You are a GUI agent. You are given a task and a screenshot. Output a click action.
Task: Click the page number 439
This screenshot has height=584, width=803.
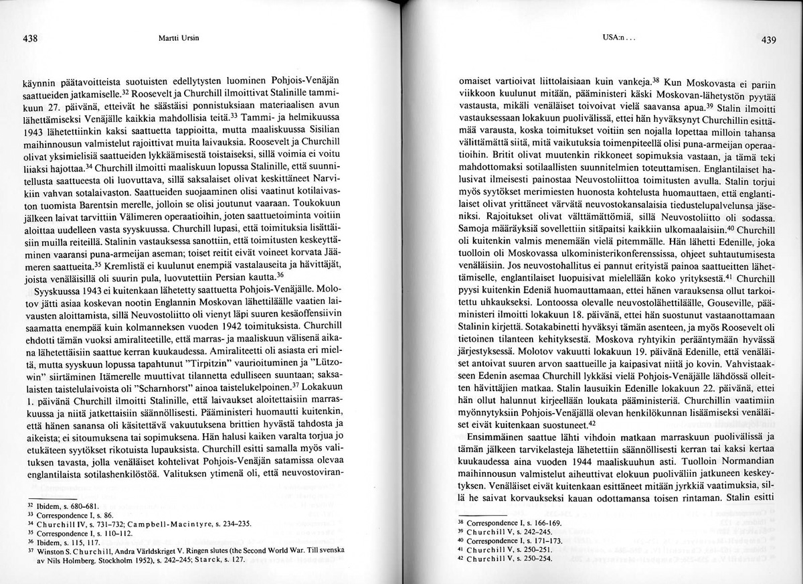click(x=768, y=40)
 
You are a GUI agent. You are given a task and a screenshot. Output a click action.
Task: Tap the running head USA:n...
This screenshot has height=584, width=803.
click(x=613, y=38)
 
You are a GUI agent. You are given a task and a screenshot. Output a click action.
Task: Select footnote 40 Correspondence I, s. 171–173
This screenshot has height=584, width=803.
click(x=509, y=540)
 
